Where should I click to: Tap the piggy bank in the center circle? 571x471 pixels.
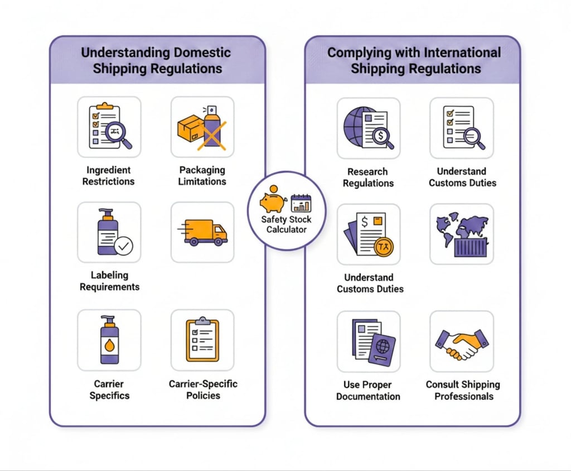(x=273, y=200)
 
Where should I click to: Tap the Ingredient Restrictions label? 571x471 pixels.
(x=108, y=175)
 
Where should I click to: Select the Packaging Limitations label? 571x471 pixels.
(x=202, y=175)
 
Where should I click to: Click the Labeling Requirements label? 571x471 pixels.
(x=109, y=281)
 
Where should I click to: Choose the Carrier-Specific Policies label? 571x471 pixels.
(x=203, y=390)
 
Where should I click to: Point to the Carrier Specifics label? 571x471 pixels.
(x=109, y=390)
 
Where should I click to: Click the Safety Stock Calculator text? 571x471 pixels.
(x=286, y=224)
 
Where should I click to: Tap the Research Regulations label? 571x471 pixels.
(x=368, y=177)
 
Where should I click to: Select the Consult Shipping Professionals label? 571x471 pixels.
(x=463, y=390)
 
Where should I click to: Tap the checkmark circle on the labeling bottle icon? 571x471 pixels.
(x=123, y=246)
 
